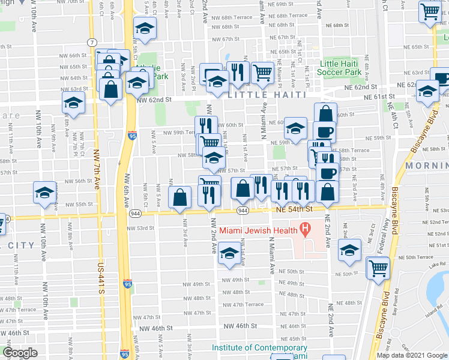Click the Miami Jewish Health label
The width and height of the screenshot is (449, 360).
click(x=258, y=230)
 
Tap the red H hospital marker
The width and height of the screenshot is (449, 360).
click(x=305, y=229)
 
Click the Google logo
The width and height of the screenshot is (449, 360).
click(x=20, y=353)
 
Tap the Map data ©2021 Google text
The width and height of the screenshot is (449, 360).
click(x=412, y=355)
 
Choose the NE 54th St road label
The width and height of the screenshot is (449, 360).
click(x=295, y=209)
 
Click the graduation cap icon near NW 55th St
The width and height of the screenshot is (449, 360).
click(x=44, y=193)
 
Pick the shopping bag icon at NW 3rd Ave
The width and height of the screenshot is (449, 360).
click(x=180, y=197)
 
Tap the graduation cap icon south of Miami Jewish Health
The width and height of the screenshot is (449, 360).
click(x=229, y=254)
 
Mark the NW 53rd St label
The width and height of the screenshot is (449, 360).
click(x=141, y=228)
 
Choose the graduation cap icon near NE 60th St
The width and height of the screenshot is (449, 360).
click(x=295, y=129)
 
